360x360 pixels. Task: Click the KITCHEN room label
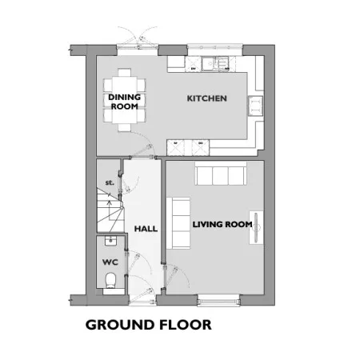pos(206,98)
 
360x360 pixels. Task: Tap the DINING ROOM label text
pos(125,102)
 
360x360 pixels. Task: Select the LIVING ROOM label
pos(222,225)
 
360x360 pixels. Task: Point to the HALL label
pos(146,229)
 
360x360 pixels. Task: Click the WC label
pos(110,262)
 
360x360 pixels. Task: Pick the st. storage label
pos(110,182)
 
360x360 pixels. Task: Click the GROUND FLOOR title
pos(149,325)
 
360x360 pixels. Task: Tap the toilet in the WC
pos(110,280)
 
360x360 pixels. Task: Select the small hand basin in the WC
pos(110,240)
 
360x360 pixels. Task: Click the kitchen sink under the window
pos(215,63)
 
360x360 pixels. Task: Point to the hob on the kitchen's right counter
pos(255,106)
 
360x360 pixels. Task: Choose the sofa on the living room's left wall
pos(178,223)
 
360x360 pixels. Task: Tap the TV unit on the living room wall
pos(256,227)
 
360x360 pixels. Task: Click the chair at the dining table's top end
pos(125,73)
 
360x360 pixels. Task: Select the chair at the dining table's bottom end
pos(125,127)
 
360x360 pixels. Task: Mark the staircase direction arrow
pos(109,210)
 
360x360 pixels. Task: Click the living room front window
pos(218,300)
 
